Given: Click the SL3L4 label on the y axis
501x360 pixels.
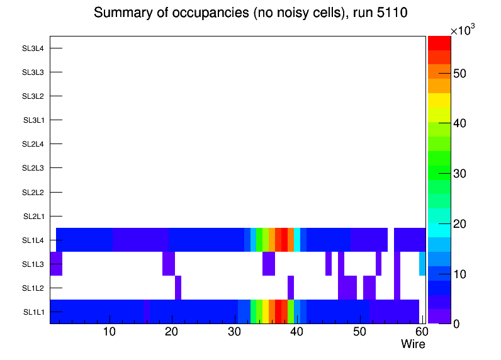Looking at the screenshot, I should [x=33, y=48].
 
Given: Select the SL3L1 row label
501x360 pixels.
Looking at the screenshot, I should [x=33, y=120].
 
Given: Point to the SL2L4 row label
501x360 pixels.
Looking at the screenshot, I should [x=33, y=144].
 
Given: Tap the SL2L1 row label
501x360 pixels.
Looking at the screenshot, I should [x=33, y=217].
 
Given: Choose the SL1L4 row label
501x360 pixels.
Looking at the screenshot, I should [x=33, y=240].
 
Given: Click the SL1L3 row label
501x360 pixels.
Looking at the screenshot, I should [x=33, y=264].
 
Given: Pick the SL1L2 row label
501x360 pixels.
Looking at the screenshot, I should [x=33, y=288].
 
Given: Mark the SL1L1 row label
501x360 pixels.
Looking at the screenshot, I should [x=33, y=312].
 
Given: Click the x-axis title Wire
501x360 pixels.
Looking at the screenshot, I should [x=413, y=344].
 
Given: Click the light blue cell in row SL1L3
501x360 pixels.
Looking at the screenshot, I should [x=422, y=264].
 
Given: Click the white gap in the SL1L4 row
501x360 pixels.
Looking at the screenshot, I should [x=391, y=240].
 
